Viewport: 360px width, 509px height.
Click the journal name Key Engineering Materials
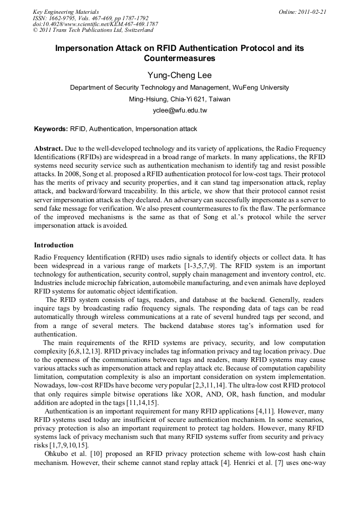[x=65, y=12]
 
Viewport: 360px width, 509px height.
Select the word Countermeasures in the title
[x=179, y=58]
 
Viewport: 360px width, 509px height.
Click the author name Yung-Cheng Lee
[x=179, y=75]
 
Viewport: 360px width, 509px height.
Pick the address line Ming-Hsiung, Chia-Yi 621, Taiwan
[x=179, y=99]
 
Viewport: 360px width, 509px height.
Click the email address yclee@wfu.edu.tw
[x=179, y=110]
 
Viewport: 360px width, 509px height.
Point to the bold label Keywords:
[x=51, y=129]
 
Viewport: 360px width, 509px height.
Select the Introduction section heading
[x=54, y=245]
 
